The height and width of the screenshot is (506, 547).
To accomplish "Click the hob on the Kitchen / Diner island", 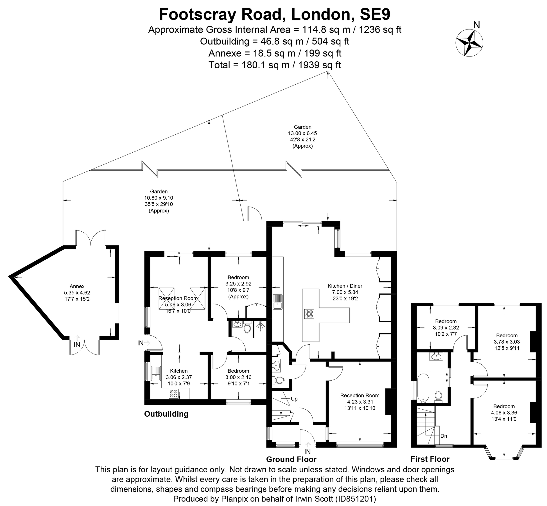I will click(309, 314).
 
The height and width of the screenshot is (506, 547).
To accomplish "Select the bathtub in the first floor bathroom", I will click(423, 387).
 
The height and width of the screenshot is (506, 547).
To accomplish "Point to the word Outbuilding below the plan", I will click(166, 414).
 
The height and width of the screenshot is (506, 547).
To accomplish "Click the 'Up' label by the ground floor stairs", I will click(294, 399).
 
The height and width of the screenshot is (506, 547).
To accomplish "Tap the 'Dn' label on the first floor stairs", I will click(444, 436).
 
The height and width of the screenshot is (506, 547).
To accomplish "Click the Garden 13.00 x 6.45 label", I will click(302, 136).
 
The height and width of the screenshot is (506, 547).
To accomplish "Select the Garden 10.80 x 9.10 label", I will click(159, 201).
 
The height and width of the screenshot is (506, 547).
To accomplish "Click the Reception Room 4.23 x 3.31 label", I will click(360, 402).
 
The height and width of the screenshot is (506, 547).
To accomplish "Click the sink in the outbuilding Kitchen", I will click(155, 373).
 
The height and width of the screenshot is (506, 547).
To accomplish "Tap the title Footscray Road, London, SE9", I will click(274, 14).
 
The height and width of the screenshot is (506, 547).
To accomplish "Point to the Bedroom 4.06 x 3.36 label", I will click(504, 412).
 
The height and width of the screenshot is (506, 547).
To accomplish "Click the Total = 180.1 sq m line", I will click(274, 65).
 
